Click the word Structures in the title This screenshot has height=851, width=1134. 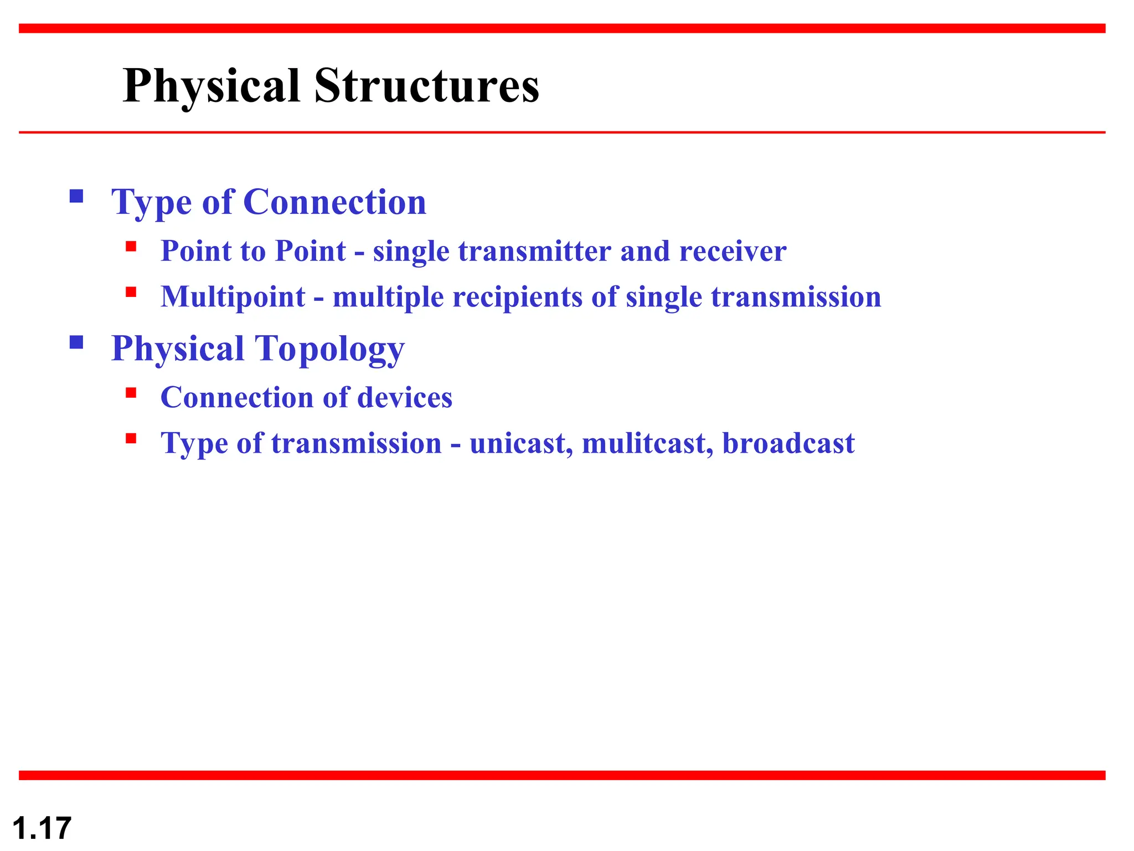pos(426,86)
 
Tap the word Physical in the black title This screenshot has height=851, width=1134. pos(212,86)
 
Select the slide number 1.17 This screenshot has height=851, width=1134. pos(42,828)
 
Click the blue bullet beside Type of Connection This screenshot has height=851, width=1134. pos(76,196)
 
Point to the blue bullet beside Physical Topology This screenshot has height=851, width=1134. pos(76,342)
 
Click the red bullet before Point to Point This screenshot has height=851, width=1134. pos(131,247)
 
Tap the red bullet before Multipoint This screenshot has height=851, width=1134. pos(131,292)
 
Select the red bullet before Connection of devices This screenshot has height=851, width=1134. pos(131,393)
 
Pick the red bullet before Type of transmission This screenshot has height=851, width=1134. pos(131,439)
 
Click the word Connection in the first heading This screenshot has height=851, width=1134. pos(334,202)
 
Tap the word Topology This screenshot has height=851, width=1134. pos(329,348)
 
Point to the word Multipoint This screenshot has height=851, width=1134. pos(233,297)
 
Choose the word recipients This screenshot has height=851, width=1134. pos(517,297)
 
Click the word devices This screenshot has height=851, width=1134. pos(405,398)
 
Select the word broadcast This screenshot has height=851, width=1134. pos(788,443)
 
